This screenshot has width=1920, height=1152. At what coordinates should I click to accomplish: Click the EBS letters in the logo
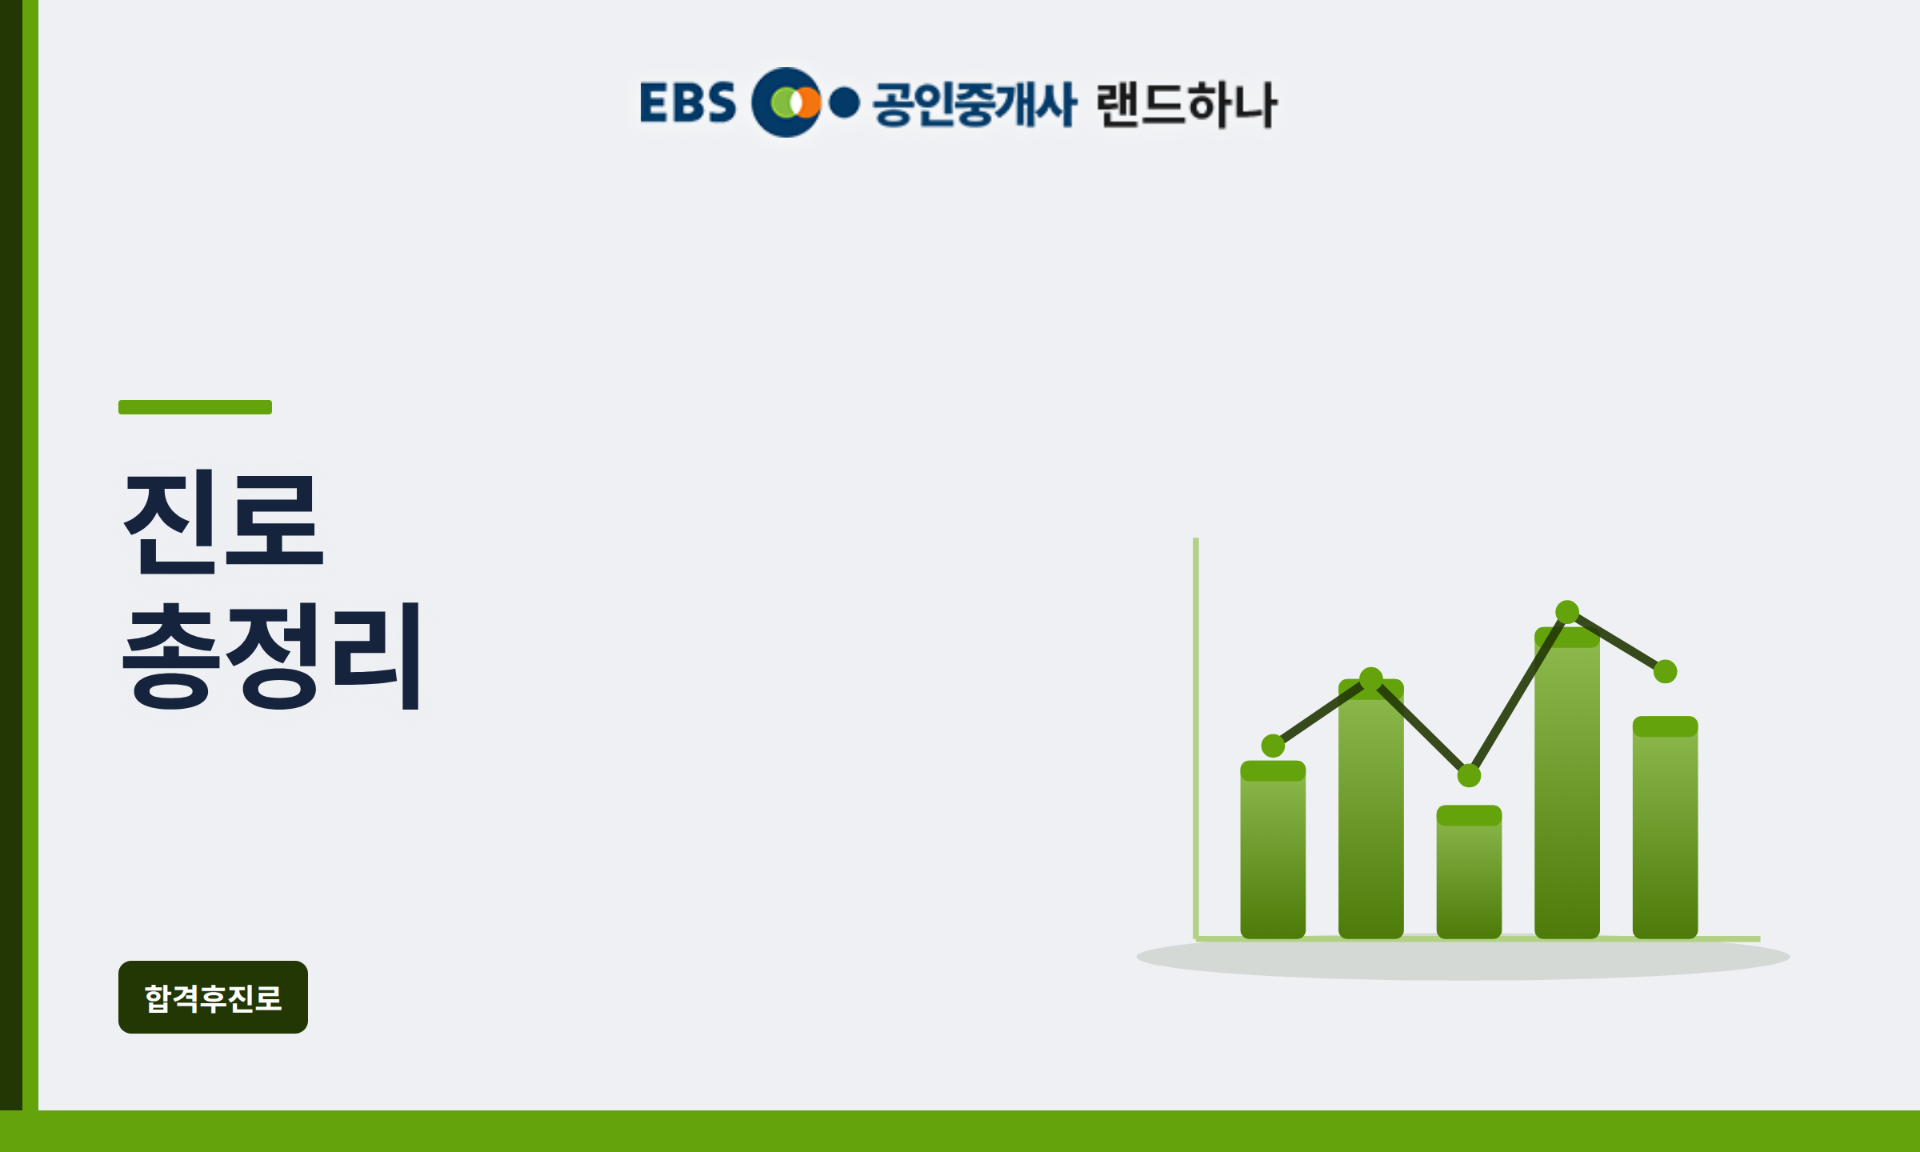pos(688,102)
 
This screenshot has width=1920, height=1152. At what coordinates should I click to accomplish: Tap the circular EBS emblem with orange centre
pos(786,102)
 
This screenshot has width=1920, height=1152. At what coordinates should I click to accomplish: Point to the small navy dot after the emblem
pos(845,103)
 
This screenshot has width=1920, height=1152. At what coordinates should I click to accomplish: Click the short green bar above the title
pos(195,407)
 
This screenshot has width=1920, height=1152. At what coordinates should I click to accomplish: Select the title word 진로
pos(223,522)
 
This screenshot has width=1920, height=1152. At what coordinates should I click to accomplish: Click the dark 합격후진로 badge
pos(213,997)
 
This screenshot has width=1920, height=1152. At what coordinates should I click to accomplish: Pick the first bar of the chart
pos(1273,850)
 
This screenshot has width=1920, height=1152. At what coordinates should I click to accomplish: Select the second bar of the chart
pos(1371,809)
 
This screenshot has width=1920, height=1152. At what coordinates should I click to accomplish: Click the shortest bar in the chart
pos(1469,872)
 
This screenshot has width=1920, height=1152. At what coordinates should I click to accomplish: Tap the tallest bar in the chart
pos(1567,782)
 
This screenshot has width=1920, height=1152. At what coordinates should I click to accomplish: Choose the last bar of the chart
pos(1666,827)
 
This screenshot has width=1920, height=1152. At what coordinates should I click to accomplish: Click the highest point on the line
pos(1567,612)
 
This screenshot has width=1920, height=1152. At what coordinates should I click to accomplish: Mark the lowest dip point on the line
pos(1469,775)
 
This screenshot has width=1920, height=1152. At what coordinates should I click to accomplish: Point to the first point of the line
pos(1273,746)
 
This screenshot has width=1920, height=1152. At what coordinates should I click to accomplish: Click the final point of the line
pos(1666,671)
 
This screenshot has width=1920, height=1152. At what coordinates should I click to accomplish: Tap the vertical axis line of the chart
pos(1196,738)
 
